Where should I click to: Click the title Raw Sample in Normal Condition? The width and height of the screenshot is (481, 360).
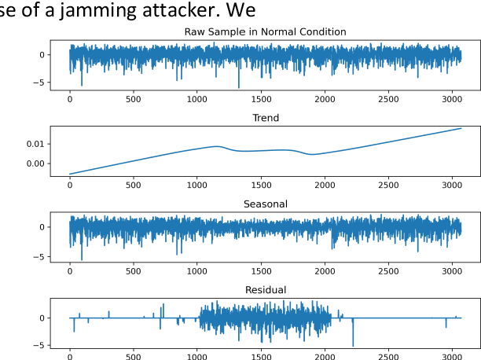coord(265,31)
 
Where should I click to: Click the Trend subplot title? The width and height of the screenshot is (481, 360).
coord(265,118)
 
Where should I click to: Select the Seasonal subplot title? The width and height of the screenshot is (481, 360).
coord(265,204)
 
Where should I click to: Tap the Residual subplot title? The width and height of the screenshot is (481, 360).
coord(265,290)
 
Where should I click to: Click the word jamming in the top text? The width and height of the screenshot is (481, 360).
coord(152,11)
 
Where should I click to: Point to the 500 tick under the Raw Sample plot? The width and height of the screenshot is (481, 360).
coord(134,99)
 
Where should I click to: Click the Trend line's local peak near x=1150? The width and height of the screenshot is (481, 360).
coord(216,146)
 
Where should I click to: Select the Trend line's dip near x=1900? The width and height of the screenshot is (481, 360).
coord(312,154)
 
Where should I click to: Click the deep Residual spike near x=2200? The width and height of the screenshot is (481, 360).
coord(353,344)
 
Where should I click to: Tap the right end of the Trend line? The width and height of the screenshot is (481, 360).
coord(461,128)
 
